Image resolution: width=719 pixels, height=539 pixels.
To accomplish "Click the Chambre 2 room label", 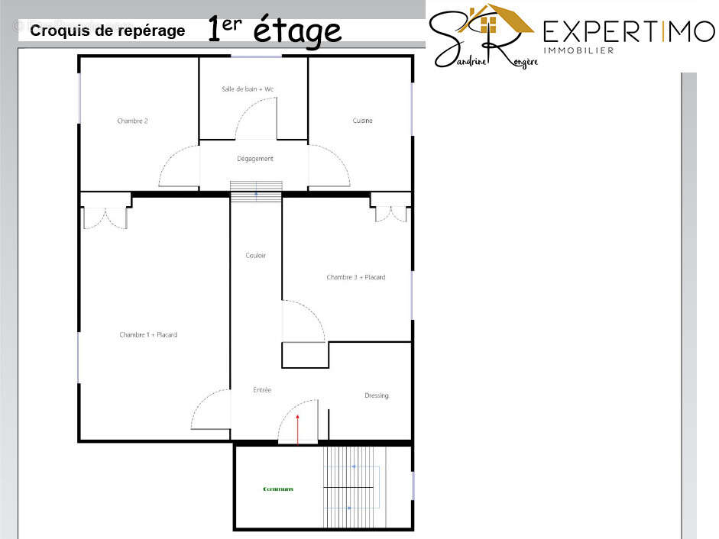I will (x=132, y=121).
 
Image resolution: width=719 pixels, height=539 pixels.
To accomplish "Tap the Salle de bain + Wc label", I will (x=248, y=89).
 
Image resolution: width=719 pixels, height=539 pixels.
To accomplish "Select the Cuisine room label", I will (x=362, y=121).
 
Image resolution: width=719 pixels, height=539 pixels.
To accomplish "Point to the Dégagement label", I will (x=255, y=159).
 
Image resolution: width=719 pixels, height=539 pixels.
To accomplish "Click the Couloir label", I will (x=256, y=256).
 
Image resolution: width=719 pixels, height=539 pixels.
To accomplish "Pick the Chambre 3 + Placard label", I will (x=355, y=277).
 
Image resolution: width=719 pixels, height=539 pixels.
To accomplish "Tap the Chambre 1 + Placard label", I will (x=148, y=334).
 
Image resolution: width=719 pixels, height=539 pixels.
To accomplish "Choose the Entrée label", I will (x=262, y=390).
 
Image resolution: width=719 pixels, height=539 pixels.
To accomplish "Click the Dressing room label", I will (x=376, y=395).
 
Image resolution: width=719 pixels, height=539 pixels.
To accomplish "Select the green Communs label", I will (x=278, y=489).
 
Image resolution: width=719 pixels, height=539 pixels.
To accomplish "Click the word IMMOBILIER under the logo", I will (x=578, y=51).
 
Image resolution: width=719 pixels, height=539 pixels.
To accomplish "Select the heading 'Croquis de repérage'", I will (x=107, y=31).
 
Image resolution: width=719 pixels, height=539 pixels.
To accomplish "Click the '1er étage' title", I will (x=274, y=30).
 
